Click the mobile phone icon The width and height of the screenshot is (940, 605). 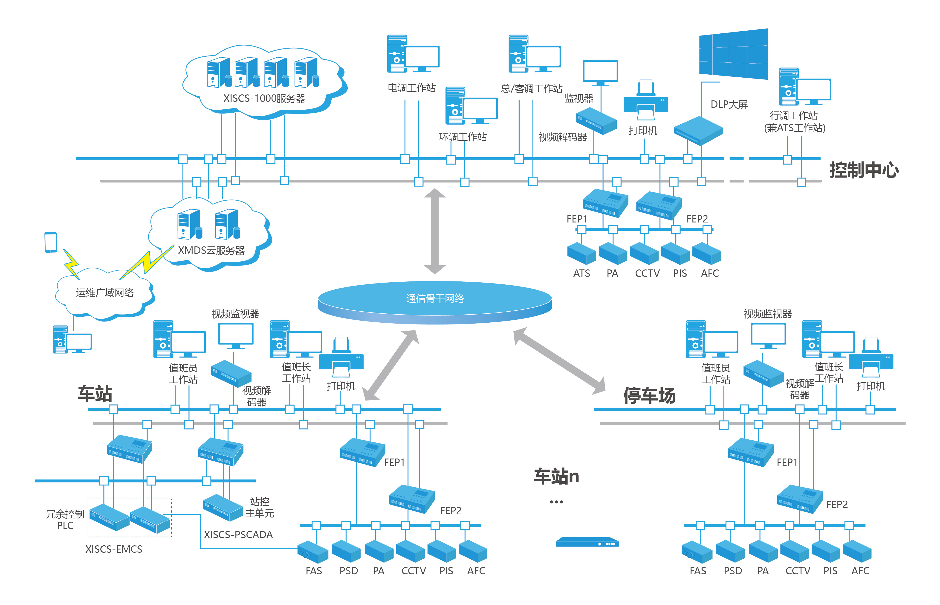(x=51, y=242)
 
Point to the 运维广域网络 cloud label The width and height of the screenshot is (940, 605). (x=105, y=293)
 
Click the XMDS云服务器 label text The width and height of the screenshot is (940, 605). (x=211, y=250)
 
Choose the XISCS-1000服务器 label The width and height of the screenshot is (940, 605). (x=264, y=98)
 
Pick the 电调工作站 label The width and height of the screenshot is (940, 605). (x=411, y=88)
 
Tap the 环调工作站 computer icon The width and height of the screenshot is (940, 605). (x=471, y=106)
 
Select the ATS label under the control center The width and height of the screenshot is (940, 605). (x=581, y=273)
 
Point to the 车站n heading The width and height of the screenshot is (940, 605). (x=556, y=476)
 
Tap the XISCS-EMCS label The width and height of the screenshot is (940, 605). (x=114, y=549)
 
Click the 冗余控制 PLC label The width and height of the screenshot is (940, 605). (x=65, y=519)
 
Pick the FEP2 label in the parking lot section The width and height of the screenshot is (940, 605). (x=837, y=504)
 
